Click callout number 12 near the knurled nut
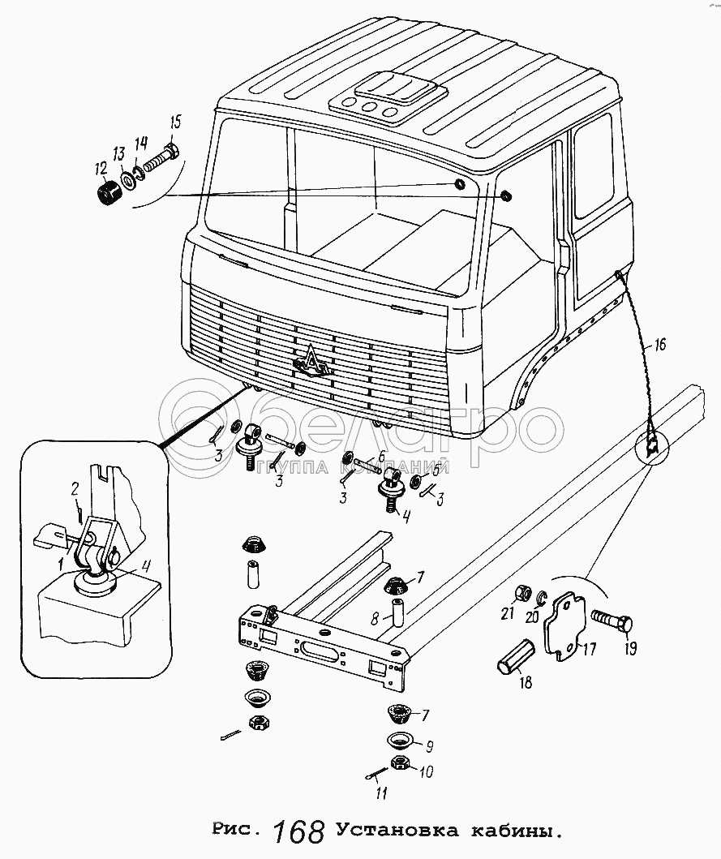click(x=101, y=169)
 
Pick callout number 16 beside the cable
click(x=659, y=345)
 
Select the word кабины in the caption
click(x=512, y=831)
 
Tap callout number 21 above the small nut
click(x=507, y=614)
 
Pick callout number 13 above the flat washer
click(x=118, y=154)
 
